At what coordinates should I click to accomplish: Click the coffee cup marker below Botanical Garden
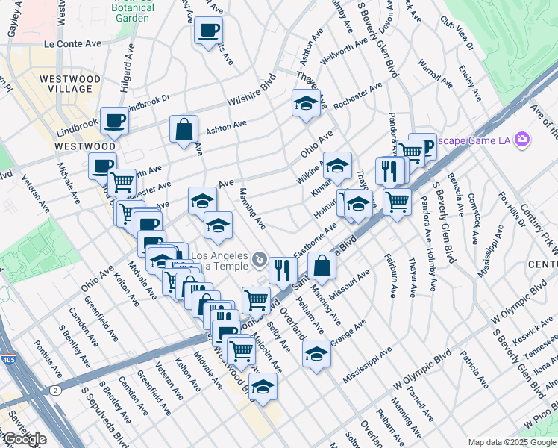tap(208, 31)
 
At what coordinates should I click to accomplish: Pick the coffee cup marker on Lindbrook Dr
tap(114, 120)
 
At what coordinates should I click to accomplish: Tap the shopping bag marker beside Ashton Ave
tap(184, 129)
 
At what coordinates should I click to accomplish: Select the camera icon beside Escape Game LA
tap(523, 139)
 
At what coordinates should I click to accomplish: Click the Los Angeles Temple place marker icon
tap(259, 260)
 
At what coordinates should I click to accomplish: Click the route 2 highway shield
tap(55, 388)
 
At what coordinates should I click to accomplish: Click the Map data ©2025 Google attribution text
tap(512, 442)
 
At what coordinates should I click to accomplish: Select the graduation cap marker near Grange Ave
tap(316, 353)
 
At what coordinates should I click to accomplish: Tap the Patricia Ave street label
tap(474, 369)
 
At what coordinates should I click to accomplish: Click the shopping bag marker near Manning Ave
tap(322, 265)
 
